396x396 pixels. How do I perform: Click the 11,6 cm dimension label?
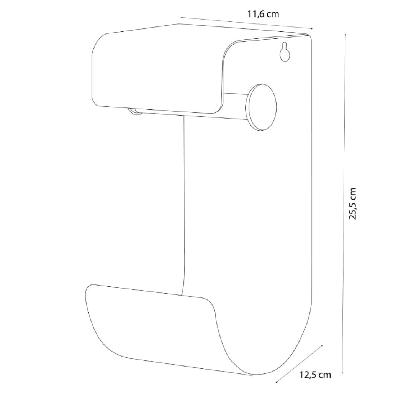(263, 14)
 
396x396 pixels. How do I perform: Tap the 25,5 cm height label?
(352, 203)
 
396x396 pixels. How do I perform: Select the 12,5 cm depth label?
(315, 375)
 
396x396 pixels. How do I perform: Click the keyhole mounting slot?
(284, 52)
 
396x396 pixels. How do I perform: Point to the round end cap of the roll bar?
(261, 107)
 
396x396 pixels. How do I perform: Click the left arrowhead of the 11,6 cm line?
(182, 18)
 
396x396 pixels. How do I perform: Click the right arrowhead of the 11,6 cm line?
(311, 29)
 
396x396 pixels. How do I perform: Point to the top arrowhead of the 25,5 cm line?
(345, 35)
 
